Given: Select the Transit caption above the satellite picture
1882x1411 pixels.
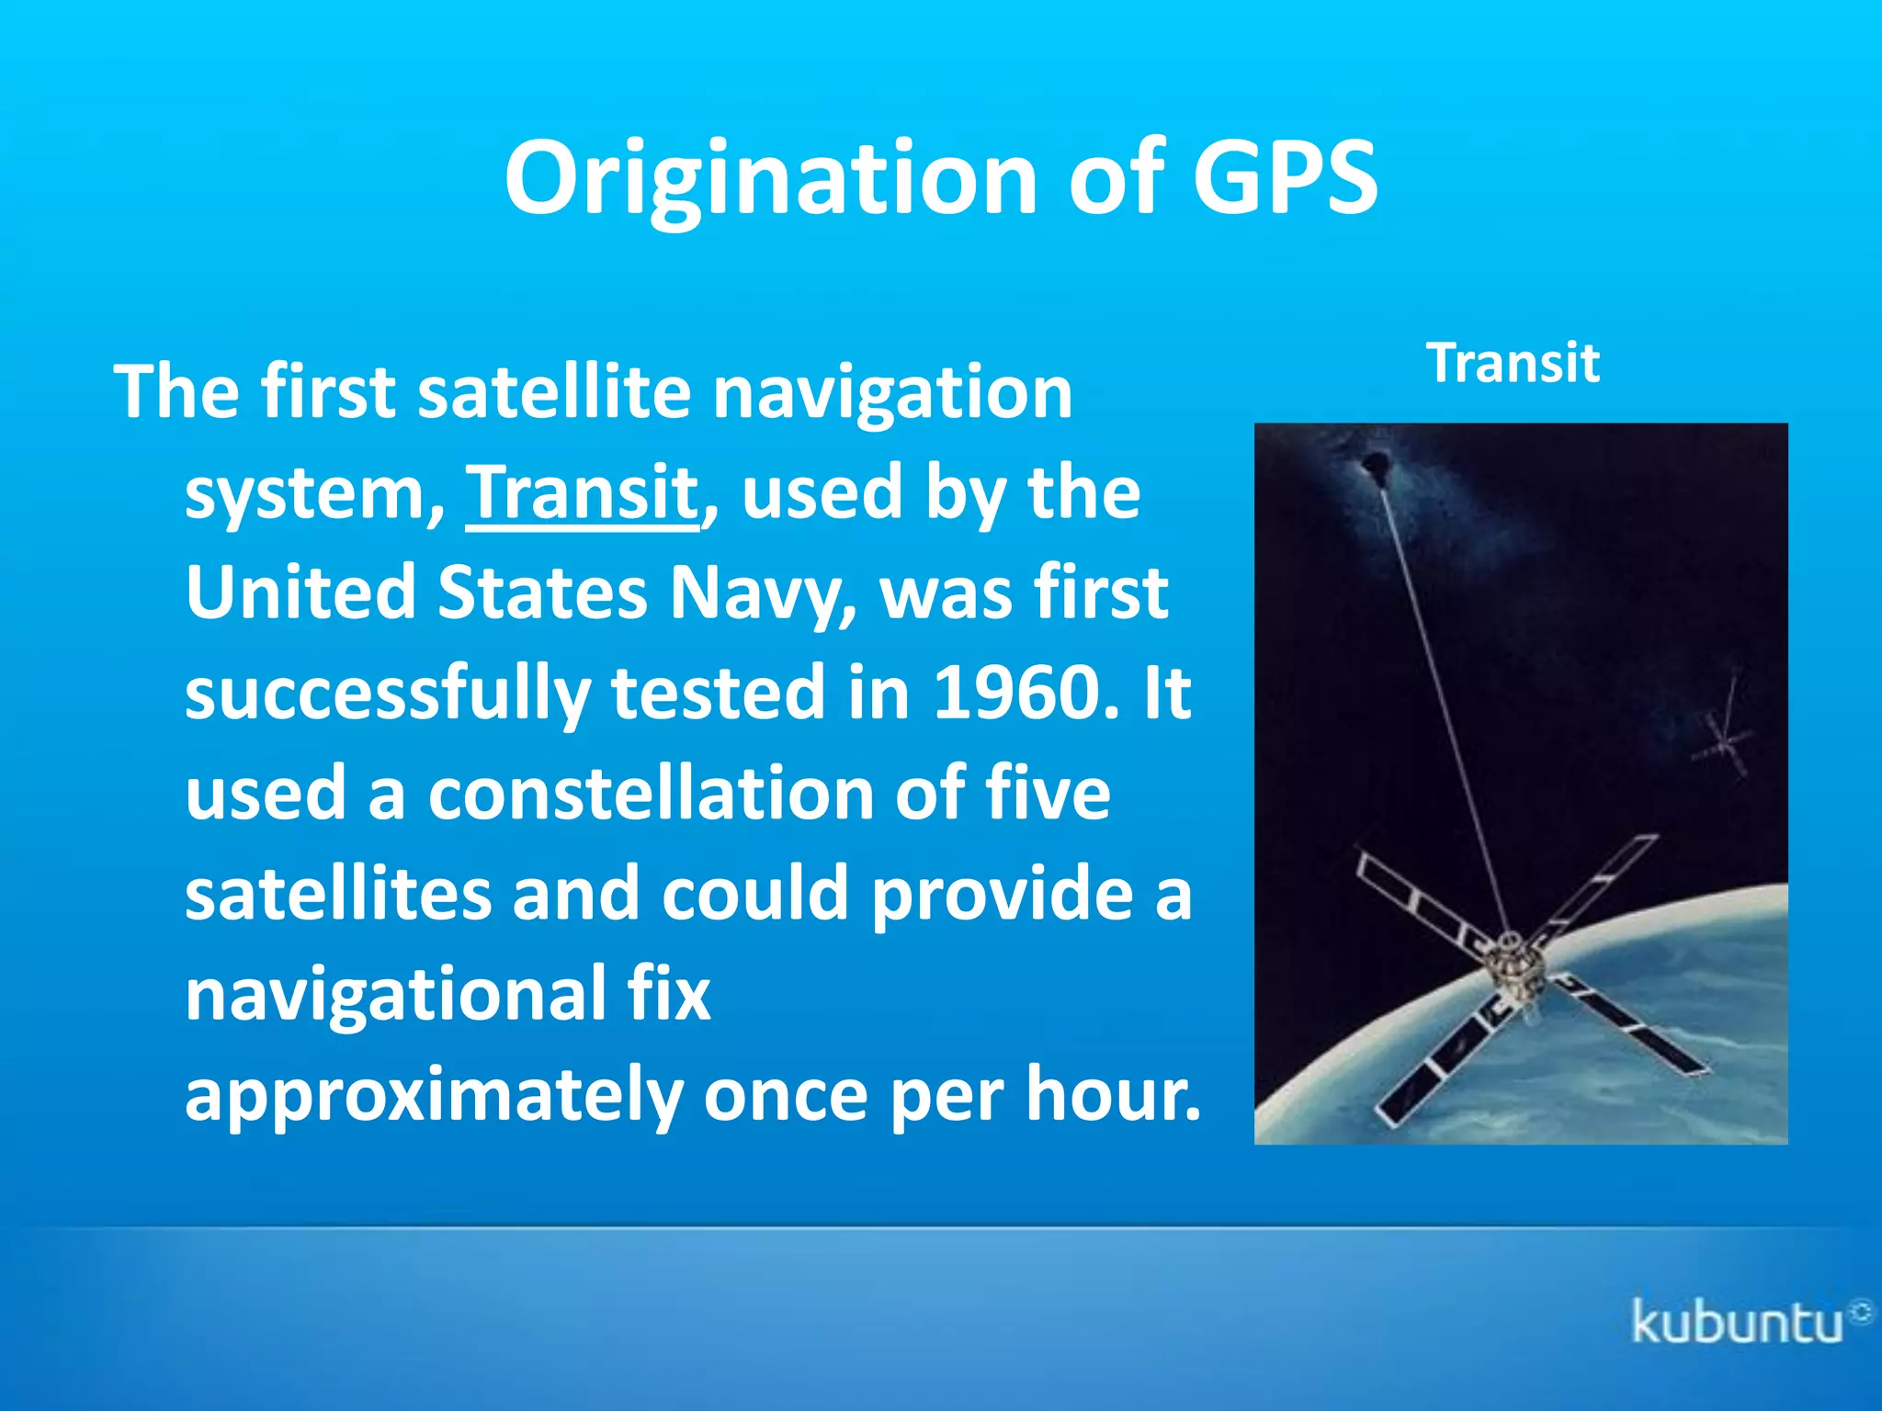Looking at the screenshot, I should [x=1512, y=363].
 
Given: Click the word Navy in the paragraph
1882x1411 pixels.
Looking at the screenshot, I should [x=764, y=593].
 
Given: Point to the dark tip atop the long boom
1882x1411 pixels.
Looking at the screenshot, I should [x=1376, y=465].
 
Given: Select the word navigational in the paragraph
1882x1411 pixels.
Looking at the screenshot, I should [x=395, y=995].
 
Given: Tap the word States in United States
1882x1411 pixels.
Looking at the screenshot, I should [x=542, y=593].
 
